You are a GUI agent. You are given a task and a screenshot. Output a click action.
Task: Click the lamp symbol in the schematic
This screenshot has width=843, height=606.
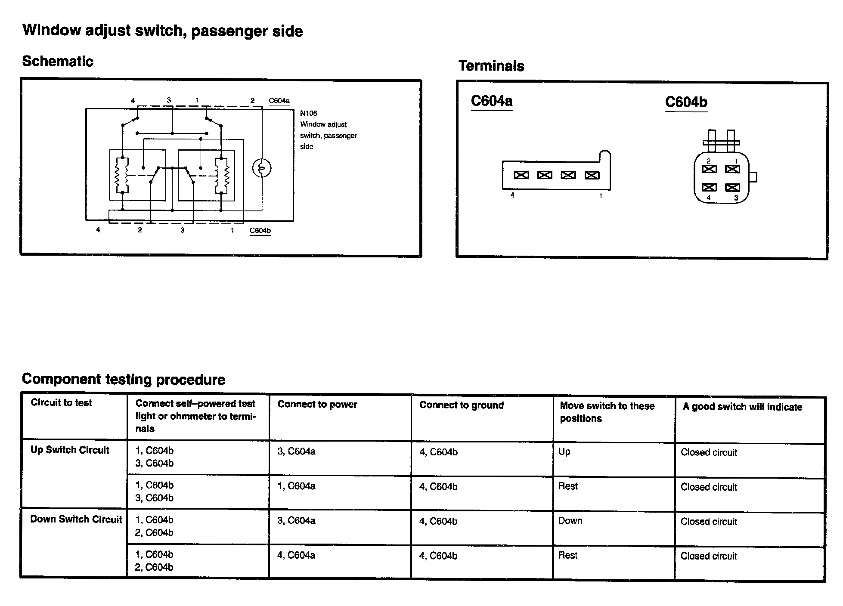[261, 168]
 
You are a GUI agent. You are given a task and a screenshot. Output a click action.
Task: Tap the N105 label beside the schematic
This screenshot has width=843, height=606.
[309, 114]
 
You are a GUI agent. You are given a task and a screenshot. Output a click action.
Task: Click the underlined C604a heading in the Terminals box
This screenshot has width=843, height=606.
[492, 101]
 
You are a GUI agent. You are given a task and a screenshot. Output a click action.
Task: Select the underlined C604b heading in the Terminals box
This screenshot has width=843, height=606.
[686, 102]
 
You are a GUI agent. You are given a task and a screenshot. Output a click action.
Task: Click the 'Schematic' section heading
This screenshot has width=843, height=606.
[58, 61]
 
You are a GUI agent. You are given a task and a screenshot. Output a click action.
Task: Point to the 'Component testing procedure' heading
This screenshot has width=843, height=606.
[124, 379]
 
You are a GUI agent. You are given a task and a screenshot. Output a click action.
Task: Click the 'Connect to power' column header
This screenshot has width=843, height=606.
[317, 404]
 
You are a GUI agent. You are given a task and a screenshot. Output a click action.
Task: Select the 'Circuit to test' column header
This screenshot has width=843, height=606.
[61, 403]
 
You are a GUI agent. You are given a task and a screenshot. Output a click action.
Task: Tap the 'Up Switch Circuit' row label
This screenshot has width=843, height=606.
[70, 450]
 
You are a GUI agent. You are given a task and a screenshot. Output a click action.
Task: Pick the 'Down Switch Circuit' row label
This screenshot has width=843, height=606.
[76, 519]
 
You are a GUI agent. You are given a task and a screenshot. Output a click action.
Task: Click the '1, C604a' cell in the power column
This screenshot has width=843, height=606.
[296, 486]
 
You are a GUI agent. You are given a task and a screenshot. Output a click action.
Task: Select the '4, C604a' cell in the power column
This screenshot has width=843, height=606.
[296, 556]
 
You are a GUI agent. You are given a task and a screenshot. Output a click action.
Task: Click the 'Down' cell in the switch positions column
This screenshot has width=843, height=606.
[570, 521]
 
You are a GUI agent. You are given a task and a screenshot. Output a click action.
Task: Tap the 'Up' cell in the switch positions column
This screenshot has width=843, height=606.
[564, 452]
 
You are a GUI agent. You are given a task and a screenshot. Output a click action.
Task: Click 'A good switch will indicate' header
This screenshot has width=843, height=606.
[742, 407]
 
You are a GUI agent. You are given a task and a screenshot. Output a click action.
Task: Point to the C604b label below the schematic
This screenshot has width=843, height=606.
[260, 231]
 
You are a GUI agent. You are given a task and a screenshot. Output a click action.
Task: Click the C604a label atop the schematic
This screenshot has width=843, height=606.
[279, 101]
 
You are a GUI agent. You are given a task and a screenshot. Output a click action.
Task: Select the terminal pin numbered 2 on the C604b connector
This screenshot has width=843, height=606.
[709, 169]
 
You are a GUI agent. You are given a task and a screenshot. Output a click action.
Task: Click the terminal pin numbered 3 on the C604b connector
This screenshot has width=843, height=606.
[732, 188]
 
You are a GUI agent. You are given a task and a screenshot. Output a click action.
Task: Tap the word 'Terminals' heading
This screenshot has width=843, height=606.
[491, 66]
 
